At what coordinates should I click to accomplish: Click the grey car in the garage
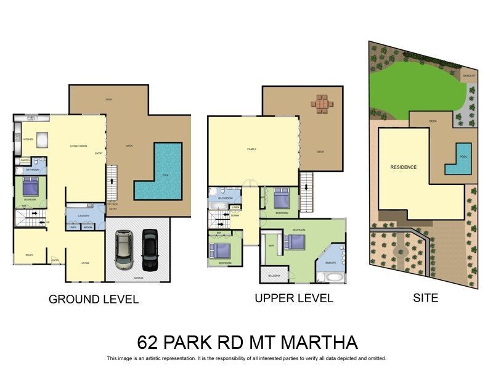tap(123, 250)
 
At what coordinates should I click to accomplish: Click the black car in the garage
tap(150, 250)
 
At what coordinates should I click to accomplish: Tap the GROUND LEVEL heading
tap(94, 300)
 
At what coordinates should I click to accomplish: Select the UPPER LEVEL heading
tap(294, 298)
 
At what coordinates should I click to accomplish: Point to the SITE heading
tap(425, 298)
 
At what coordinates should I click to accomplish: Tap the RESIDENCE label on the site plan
tap(403, 167)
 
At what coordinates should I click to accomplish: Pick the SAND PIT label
tap(469, 75)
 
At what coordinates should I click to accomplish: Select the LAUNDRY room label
tap(85, 215)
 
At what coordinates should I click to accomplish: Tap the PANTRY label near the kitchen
tap(25, 160)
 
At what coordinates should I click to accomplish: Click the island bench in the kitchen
tap(43, 140)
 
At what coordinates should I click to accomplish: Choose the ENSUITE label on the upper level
tap(330, 263)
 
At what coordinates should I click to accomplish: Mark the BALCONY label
tap(274, 276)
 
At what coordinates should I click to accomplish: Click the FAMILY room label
tap(251, 149)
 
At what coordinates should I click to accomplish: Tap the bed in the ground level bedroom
tap(31, 186)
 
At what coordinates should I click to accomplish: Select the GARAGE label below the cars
tap(137, 278)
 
